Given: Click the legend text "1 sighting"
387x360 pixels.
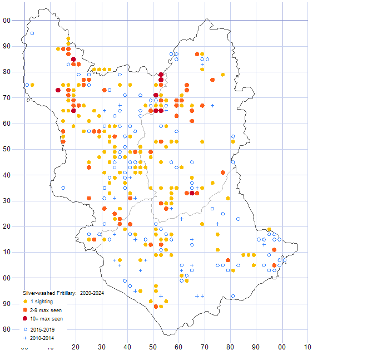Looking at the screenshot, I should pos(43,301).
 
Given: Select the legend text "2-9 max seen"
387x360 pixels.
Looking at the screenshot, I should pos(46,310).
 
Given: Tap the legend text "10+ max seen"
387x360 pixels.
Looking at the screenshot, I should pos(46,319).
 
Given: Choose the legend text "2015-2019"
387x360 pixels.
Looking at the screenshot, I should pos(44,329).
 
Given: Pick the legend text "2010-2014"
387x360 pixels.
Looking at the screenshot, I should pos(44,337).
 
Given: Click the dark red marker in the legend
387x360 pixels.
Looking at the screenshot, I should pos(25,319).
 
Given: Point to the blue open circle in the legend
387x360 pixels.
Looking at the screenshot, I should pos(25,329).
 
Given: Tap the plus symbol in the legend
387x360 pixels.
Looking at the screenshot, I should pos(25,337).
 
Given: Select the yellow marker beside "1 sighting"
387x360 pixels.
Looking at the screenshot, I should pos(25,301).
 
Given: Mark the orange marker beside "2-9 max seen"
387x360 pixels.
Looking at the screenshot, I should pos(25,310).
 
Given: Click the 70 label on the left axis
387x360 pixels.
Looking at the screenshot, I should pos(7,98).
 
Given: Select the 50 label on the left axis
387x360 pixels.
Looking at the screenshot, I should pos(7,149).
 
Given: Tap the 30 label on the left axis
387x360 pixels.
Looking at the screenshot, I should pos(7,201).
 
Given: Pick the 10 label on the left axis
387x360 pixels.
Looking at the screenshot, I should pos(7,252).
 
